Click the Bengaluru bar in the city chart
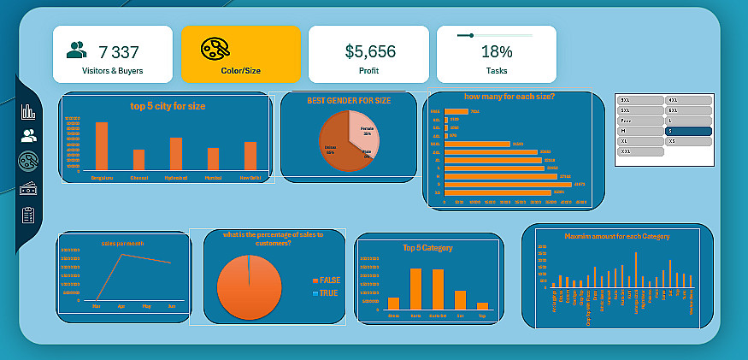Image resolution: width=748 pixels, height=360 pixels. click(102, 146)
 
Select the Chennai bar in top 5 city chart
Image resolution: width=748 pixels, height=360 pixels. click(138, 160)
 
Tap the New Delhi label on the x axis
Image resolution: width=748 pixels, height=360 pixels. click(250, 177)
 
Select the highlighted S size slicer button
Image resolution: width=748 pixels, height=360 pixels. click(688, 131)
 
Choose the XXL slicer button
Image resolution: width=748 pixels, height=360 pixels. click(640, 151)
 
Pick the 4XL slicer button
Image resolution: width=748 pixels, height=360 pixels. click(688, 100)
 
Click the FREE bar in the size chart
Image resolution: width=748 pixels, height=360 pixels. click(456, 111)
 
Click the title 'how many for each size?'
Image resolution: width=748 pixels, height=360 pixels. click(509, 97)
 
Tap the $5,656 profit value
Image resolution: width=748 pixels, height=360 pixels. click(368, 51)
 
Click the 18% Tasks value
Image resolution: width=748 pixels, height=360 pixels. click(496, 51)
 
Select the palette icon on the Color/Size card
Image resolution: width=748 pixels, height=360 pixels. click(215, 50)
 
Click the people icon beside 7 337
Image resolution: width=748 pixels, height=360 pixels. click(77, 50)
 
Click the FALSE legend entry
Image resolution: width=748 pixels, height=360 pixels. click(328, 280)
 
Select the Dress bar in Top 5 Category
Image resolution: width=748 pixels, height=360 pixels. click(393, 303)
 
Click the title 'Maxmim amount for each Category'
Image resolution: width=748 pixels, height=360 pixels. click(617, 236)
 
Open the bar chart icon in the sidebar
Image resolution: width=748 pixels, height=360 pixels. click(29, 111)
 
